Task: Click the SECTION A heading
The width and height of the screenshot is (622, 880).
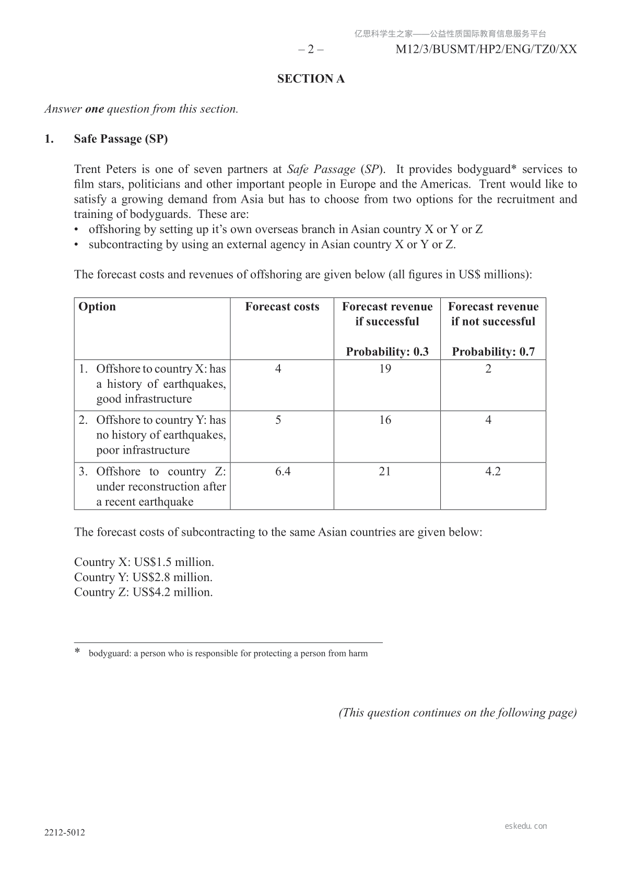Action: pos(311,79)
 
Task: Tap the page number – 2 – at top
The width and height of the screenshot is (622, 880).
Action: pos(311,50)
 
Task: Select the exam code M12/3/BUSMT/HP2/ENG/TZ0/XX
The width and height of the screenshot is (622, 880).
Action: pos(486,50)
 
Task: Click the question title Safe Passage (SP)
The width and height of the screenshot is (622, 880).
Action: pos(121,139)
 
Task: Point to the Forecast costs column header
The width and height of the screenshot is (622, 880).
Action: pos(282,307)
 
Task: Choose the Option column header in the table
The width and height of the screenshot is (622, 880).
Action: pos(97,307)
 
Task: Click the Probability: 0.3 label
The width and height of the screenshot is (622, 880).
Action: pos(387,352)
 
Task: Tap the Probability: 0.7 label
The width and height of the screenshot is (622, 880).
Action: pos(493,352)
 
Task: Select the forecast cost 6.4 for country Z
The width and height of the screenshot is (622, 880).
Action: pos(283,471)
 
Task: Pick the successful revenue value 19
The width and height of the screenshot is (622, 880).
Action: pos(385,369)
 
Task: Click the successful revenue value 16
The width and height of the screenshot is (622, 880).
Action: pos(385,420)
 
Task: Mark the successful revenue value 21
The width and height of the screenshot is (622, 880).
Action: pos(385,471)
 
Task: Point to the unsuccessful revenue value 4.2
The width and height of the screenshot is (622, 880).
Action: pos(493,471)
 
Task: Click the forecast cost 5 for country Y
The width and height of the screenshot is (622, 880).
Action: pos(278,420)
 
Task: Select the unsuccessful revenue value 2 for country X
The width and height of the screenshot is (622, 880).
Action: pos(488,369)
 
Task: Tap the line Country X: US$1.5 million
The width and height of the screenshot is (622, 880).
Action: pos(144,562)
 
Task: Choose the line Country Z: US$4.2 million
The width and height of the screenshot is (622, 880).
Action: pos(144,593)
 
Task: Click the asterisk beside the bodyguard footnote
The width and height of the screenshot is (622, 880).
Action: pos(78,652)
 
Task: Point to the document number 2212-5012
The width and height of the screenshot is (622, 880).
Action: pos(65,833)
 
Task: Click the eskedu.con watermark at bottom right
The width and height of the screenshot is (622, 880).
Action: pos(526,826)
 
